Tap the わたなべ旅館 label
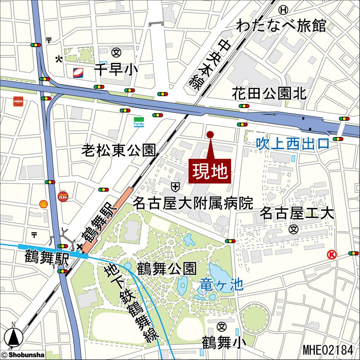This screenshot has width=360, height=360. pyautogui.click(x=281, y=26)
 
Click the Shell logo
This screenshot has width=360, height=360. pyautogui.click(x=44, y=204)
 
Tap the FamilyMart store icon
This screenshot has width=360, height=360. pyautogui.click(x=139, y=122)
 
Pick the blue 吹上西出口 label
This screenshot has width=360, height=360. pyautogui.click(x=293, y=144)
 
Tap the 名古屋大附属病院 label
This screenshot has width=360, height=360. pyautogui.click(x=193, y=204)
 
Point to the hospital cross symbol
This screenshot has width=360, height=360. pyautogui.click(x=175, y=186)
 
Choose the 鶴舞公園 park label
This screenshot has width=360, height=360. pyautogui.click(x=167, y=268)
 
